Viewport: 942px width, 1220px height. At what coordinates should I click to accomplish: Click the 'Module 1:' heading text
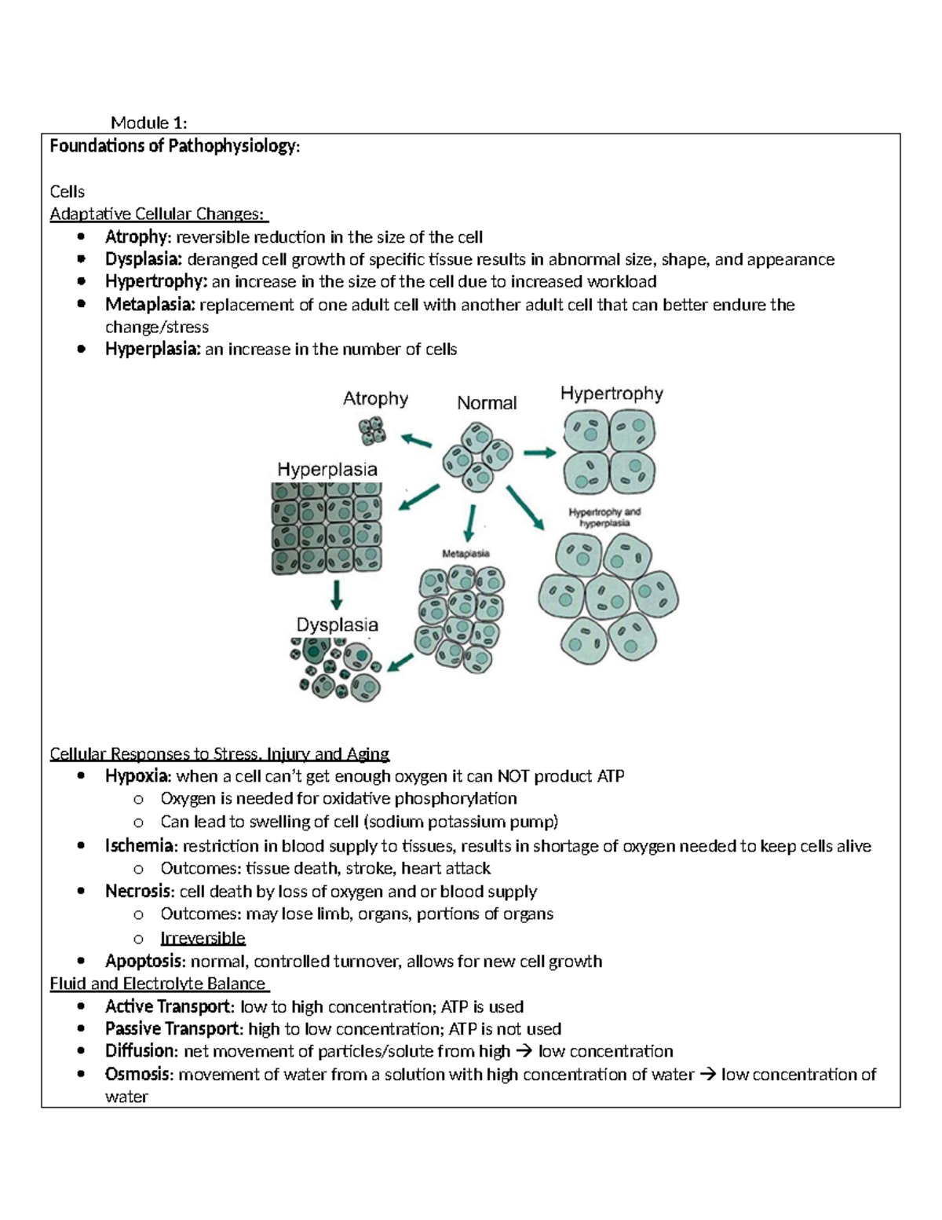149,123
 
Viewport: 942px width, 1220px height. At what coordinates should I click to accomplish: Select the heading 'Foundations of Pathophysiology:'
174,146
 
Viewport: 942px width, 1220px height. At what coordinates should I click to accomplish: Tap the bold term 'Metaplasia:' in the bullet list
150,305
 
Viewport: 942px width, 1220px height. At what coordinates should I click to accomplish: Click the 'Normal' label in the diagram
487,403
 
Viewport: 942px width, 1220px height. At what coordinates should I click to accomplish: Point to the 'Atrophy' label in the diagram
375,399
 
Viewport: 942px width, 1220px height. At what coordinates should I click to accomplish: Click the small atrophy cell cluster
372,431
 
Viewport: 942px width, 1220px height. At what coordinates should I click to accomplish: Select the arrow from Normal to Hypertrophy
539,452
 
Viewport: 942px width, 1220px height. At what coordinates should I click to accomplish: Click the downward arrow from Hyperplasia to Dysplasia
336,595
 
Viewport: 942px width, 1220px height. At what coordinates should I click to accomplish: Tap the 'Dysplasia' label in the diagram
337,625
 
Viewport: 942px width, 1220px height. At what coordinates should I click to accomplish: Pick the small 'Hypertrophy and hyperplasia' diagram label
604,517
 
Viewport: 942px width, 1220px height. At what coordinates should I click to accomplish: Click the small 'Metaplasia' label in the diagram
466,553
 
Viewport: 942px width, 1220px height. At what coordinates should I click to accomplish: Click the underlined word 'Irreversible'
203,938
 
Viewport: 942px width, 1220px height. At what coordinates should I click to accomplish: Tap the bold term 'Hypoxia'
137,777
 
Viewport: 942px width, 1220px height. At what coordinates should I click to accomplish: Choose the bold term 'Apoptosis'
145,962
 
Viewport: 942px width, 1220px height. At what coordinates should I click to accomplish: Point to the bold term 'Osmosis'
137,1074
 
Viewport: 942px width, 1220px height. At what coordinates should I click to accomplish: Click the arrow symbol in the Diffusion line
524,1051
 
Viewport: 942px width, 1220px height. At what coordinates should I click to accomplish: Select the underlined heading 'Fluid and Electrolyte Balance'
158,984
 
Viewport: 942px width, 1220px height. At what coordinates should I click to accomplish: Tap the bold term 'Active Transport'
168,1006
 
